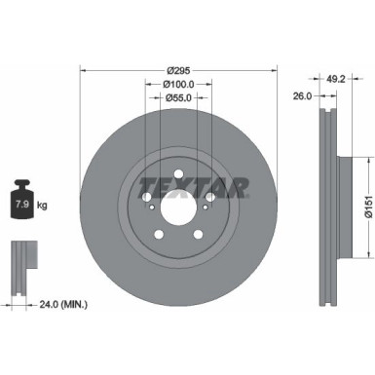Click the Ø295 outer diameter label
click(x=177, y=70)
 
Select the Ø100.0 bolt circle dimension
click(x=177, y=84)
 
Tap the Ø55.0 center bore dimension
click(x=177, y=98)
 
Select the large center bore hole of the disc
click(x=177, y=208)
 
